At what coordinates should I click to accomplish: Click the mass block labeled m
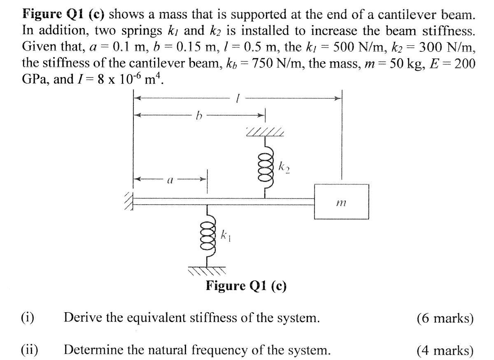coord(341,202)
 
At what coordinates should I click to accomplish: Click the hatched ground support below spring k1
coord(207,271)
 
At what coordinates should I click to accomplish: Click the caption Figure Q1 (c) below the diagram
coord(246,285)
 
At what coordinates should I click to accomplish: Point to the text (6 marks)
coord(445,318)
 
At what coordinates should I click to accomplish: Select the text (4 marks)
coord(445,350)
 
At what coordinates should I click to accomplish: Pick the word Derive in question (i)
coord(82,318)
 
